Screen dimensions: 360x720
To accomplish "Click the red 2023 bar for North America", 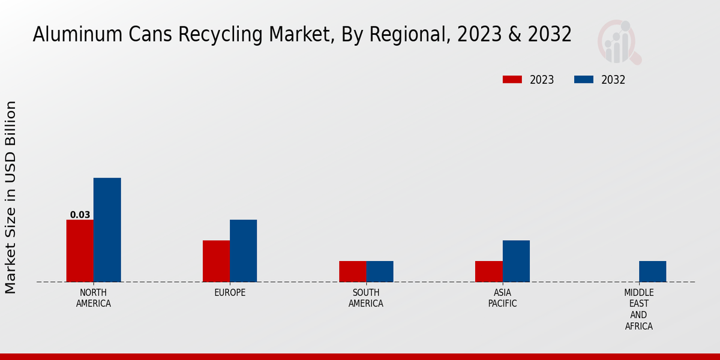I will coord(80,251).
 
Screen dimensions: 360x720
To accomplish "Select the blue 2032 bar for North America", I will coord(107,230).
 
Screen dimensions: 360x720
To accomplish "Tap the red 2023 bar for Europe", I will coord(216,261).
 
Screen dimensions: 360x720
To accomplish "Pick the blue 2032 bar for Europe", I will coord(243,251).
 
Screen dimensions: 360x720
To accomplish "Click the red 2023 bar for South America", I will coord(352,271).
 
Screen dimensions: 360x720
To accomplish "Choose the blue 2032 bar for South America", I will coord(380,271).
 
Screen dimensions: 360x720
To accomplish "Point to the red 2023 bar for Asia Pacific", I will coord(488,271).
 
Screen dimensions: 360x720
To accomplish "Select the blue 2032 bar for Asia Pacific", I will coord(516,261).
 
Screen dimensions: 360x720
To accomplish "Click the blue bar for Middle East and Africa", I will coord(652,271).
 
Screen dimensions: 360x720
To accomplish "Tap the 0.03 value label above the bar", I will coord(80,215).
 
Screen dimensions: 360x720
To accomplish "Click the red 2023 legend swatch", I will coord(512,80).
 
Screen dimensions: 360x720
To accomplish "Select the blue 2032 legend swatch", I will coord(584,80).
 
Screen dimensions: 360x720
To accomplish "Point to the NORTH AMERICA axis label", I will coord(94,298).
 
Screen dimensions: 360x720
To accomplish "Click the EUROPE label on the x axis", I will coord(230,293).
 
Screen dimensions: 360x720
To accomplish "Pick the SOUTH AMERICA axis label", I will coord(366,298).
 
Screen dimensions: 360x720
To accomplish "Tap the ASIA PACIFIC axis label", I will coord(502,298).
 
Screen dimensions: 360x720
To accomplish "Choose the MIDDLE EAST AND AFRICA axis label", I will coord(638,309).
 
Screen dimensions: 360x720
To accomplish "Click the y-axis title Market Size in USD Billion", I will coord(11,197).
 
